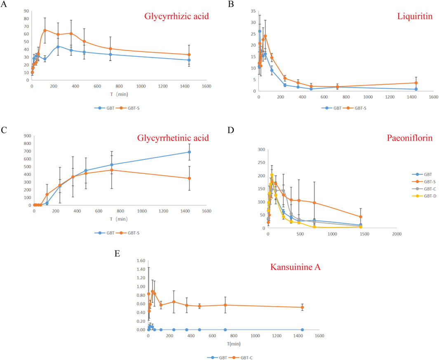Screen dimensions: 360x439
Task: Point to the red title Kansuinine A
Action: point(296,266)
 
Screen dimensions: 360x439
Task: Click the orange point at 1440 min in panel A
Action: point(189,55)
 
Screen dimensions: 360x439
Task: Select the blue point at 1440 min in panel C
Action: point(189,152)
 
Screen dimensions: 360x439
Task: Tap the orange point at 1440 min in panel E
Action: point(302,307)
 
